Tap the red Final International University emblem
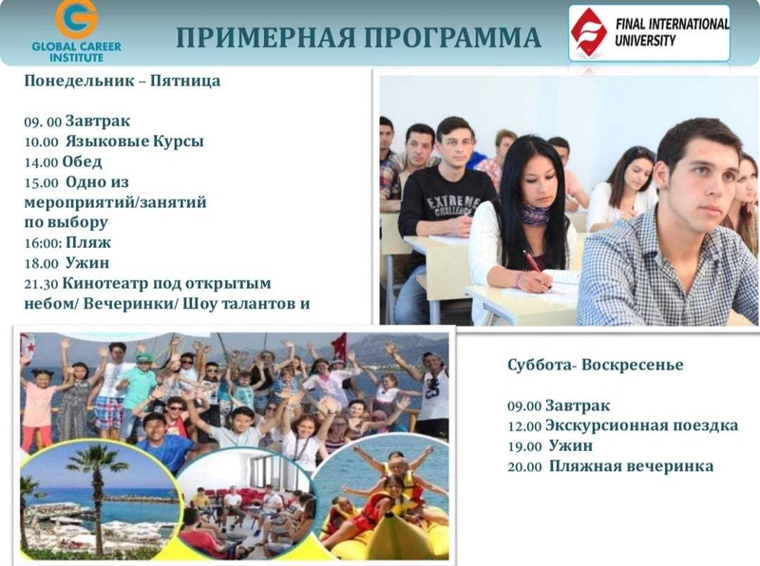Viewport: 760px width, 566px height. point(591,31)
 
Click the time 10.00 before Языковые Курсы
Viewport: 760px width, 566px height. point(40,142)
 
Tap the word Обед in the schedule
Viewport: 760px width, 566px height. point(83,162)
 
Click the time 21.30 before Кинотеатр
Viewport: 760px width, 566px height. point(40,284)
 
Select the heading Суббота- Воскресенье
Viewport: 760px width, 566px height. point(595,365)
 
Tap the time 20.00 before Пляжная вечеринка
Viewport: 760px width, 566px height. point(523,467)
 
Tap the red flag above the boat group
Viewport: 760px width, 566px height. point(337,343)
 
